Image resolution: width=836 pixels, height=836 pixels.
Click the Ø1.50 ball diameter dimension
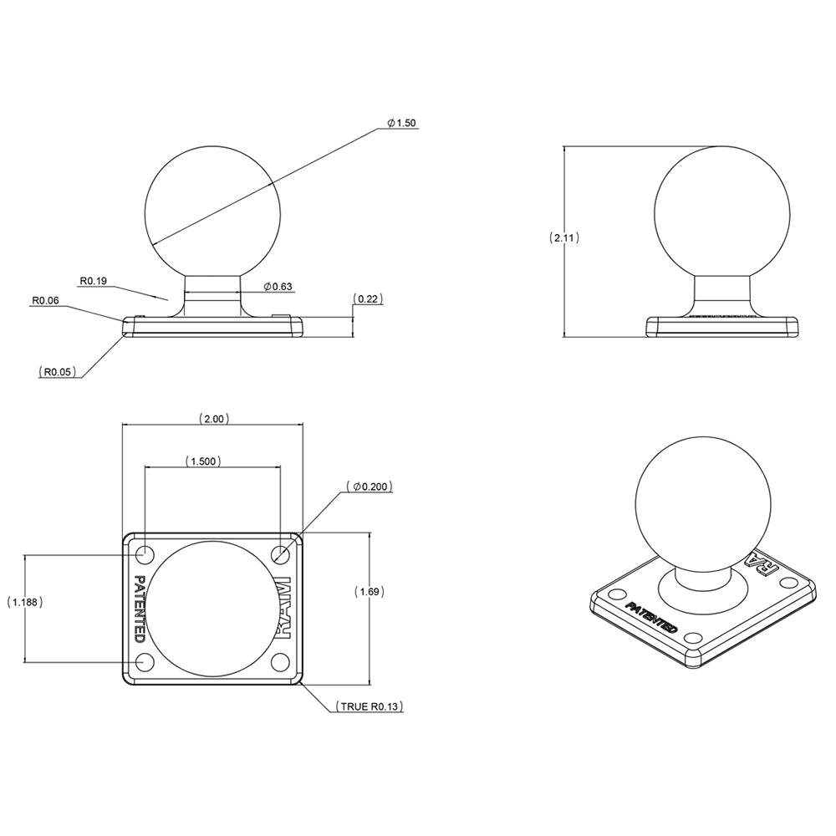pyautogui.click(x=401, y=123)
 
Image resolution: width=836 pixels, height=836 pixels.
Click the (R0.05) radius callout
pyautogui.click(x=59, y=370)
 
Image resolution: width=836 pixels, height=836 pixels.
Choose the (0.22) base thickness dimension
pyautogui.click(x=368, y=298)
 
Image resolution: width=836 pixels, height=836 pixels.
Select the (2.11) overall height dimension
pyautogui.click(x=564, y=237)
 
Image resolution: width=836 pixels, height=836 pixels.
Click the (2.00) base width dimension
pyautogui.click(x=213, y=419)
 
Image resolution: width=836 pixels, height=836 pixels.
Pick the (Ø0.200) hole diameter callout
pyautogui.click(x=368, y=487)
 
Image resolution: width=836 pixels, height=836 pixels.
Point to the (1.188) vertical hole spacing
pyautogui.click(x=25, y=602)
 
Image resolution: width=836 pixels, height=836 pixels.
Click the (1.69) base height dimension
pyautogui.click(x=369, y=592)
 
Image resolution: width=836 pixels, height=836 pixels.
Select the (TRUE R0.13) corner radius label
pyautogui.click(x=370, y=707)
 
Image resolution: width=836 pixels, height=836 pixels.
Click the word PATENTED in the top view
pyautogui.click(x=140, y=608)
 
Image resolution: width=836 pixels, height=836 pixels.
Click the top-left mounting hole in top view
pyautogui.click(x=145, y=553)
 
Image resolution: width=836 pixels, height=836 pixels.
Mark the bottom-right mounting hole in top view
pyautogui.click(x=281, y=662)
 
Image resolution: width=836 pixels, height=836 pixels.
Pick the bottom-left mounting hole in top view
pyautogui.click(x=145, y=662)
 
